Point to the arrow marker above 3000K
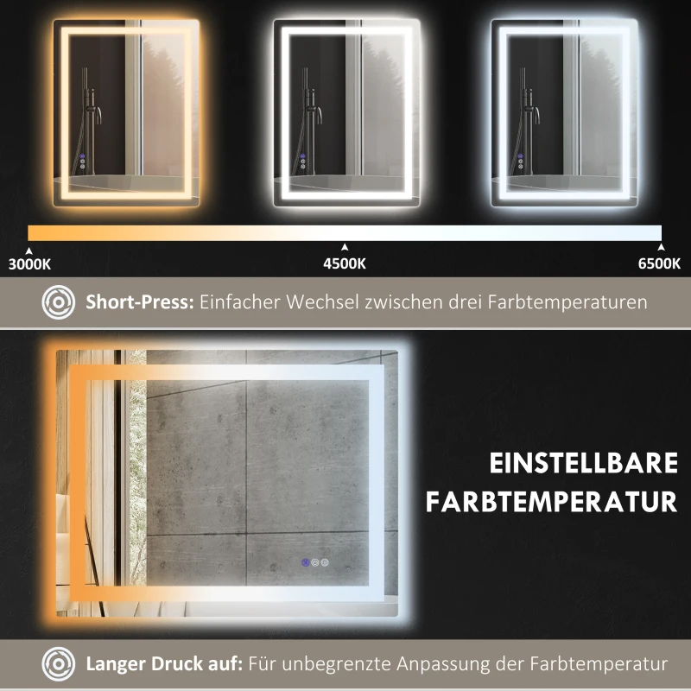click(x=29, y=249)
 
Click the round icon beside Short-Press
click(x=59, y=303)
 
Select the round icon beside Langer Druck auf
click(x=59, y=664)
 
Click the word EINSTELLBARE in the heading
click(x=584, y=464)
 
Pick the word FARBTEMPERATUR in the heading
click(x=551, y=501)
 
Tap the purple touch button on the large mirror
click(x=304, y=563)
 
